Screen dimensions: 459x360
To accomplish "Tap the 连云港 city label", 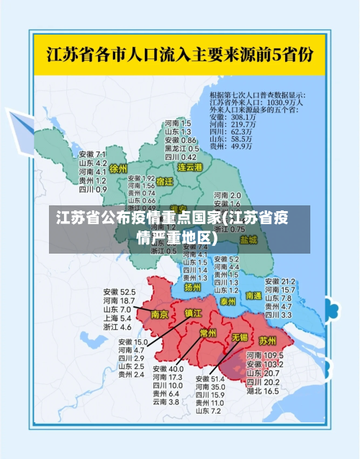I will tap(191, 166).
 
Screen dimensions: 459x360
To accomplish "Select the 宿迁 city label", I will tap(165, 182).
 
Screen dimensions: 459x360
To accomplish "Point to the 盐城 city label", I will tap(248, 239).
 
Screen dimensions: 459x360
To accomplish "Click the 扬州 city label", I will tap(192, 286).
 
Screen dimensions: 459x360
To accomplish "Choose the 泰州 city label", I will tap(228, 300).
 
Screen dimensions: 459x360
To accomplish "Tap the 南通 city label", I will tap(253, 295).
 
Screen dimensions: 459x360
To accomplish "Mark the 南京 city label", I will tap(160, 315).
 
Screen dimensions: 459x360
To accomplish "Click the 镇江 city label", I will tap(194, 313).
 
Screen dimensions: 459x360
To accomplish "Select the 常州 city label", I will tap(208, 333).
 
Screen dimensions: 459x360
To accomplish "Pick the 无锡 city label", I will tap(239, 337).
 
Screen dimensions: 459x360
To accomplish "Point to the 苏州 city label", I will tap(268, 339).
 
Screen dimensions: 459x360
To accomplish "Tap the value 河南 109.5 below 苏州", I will tap(264, 356).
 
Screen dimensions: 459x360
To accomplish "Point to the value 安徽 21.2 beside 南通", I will tap(280, 281).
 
